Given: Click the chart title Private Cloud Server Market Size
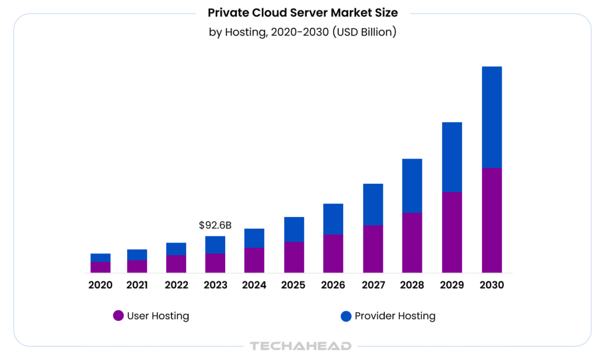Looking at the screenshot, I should [x=302, y=12].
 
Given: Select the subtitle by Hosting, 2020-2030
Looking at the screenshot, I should [x=302, y=32].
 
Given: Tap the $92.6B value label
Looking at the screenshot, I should [x=215, y=225].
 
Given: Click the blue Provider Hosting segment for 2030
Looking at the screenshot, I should [x=492, y=117].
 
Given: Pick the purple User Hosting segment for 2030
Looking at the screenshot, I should [x=492, y=220].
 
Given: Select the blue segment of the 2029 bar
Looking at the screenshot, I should [x=452, y=157].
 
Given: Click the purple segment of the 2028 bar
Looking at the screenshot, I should [x=412, y=242].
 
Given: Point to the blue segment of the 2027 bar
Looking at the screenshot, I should [x=373, y=205].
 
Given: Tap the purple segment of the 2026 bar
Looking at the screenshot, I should [x=333, y=254].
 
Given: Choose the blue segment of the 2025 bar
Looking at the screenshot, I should [x=294, y=229].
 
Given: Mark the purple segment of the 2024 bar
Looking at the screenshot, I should [x=254, y=260].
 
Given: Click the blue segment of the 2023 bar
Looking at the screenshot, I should [x=215, y=245].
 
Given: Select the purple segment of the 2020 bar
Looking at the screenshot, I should [x=100, y=267].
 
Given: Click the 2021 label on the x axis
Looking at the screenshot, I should [x=137, y=285].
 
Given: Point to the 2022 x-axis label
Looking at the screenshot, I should [x=176, y=285].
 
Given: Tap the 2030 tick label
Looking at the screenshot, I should [x=492, y=285].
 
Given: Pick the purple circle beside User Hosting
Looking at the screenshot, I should [x=118, y=316].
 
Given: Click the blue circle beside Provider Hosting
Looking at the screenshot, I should [x=346, y=316].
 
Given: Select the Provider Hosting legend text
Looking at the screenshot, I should [x=395, y=316].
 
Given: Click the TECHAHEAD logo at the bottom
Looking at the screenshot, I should [x=301, y=346].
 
